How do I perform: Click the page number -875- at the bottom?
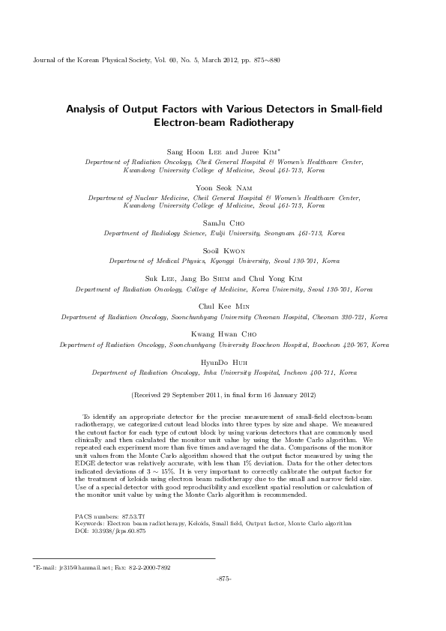click(223, 579)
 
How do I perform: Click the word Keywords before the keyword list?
click(91, 524)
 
